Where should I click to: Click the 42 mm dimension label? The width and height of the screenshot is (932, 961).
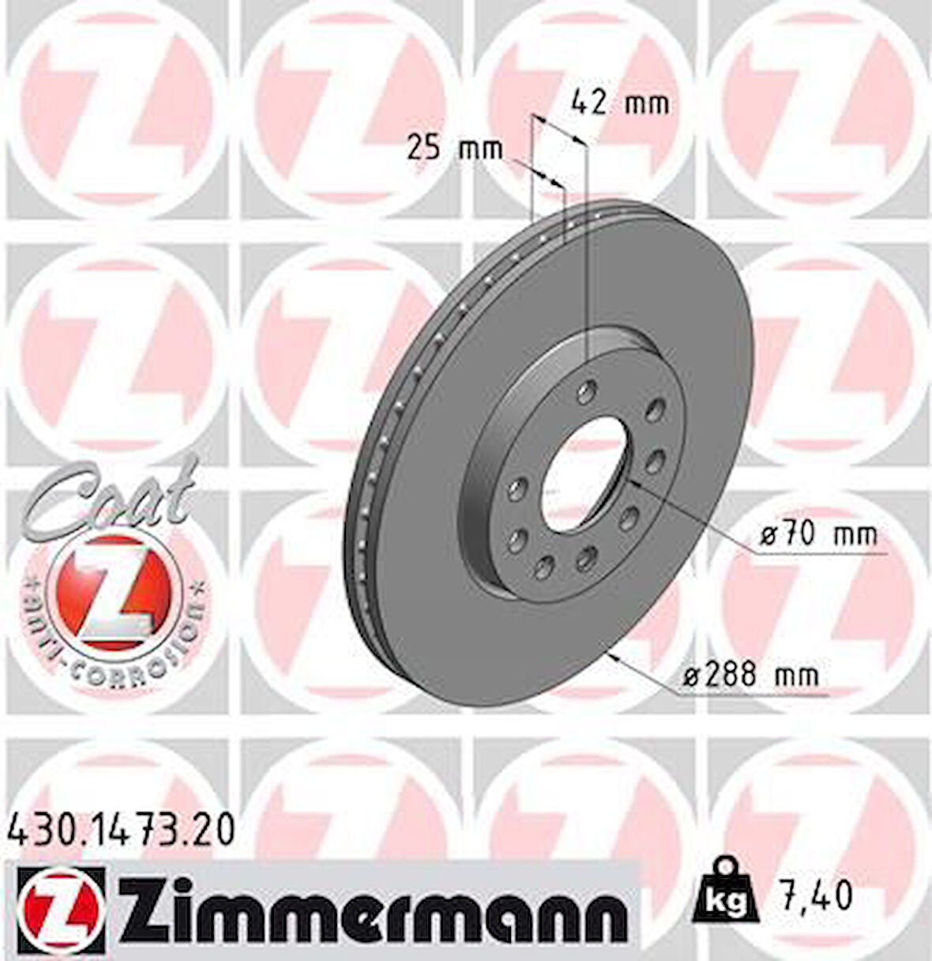619,103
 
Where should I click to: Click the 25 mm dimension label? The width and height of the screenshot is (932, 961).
454,149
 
